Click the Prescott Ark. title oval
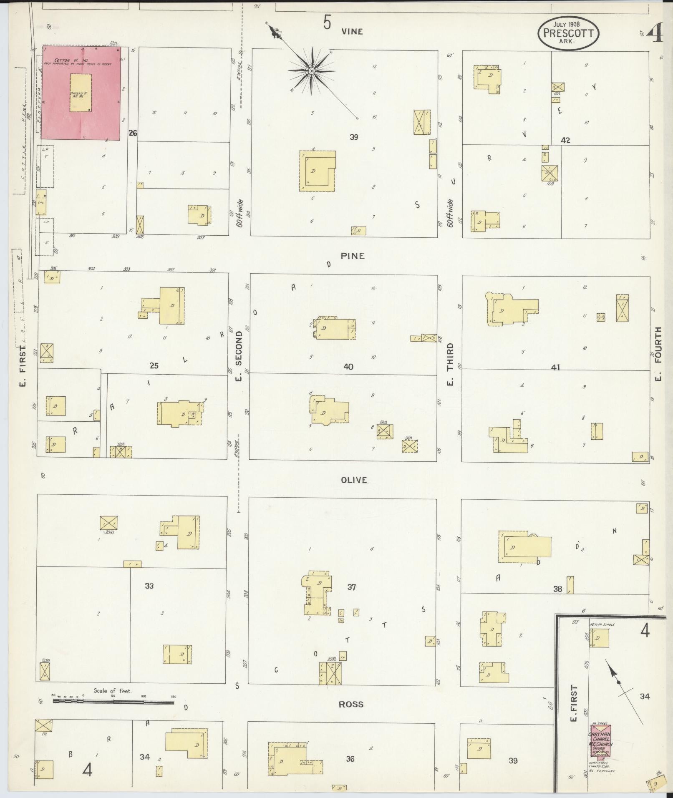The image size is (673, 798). pos(568,33)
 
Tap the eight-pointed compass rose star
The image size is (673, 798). pos(311,71)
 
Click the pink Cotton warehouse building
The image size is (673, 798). pos(81,93)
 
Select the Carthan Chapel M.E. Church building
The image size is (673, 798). pos(600,743)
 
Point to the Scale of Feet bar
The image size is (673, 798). pos(113,702)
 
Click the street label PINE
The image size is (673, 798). pos(353,256)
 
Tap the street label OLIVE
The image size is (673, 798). pos(354,480)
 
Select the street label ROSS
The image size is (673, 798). pos(351,704)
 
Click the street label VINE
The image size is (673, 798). pos(352,32)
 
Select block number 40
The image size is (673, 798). pos(348,367)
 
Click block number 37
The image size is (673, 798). pos(352,587)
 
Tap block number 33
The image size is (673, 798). pos(149,586)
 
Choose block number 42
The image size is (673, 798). pos(565,141)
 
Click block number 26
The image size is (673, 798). pos(133,133)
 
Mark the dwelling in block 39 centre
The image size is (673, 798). pos(317,171)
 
